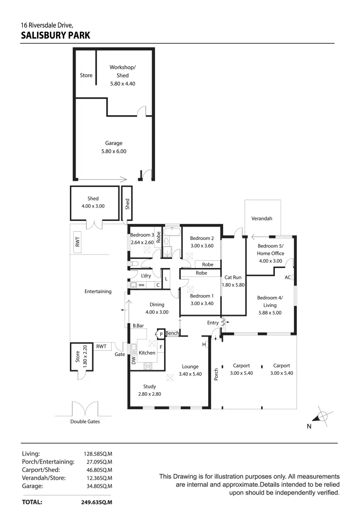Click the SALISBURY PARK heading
point(56,35)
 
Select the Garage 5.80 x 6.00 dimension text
point(114,151)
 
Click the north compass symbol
point(322,416)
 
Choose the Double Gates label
point(85,422)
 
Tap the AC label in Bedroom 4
point(287,277)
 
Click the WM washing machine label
point(141,285)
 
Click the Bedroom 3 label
point(142,235)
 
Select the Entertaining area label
point(98,291)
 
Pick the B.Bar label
point(139,326)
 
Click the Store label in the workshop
point(86,75)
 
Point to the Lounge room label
point(190,366)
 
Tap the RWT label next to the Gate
point(101,346)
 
